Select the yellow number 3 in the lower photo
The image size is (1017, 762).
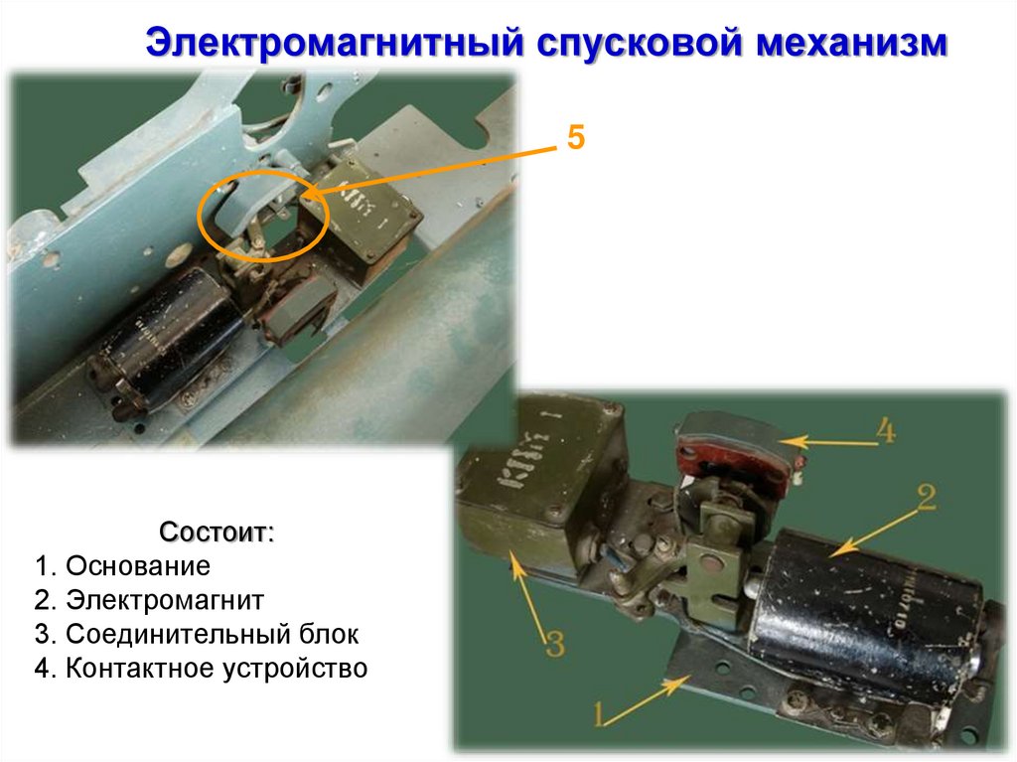point(555,643)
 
